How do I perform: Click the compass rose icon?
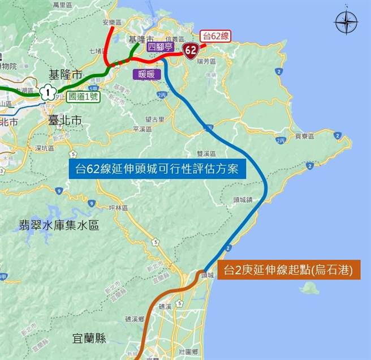pos(346,23)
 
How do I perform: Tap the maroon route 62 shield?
pos(191,52)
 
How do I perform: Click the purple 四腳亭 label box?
pos(159,47)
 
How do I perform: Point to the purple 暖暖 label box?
pos(146,74)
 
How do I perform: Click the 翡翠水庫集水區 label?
pos(58,226)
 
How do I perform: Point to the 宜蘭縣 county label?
pos(89,338)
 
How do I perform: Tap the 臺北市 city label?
pos(65,121)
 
